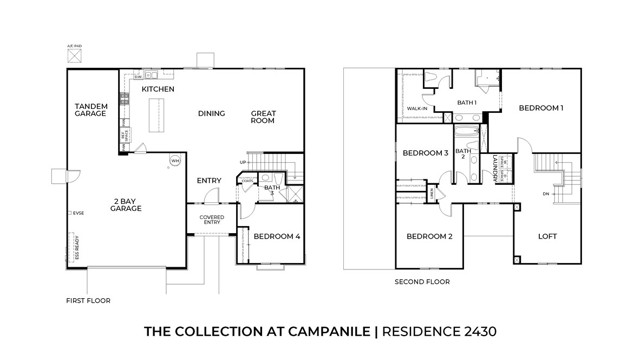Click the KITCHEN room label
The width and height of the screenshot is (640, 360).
click(159, 89)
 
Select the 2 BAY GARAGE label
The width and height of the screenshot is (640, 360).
click(126, 204)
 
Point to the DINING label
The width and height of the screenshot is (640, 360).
click(211, 114)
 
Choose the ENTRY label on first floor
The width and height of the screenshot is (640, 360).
click(209, 181)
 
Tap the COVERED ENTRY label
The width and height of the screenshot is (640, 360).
click(212, 220)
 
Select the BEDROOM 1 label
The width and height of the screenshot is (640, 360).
click(541, 107)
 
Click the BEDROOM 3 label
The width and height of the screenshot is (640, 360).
click(424, 153)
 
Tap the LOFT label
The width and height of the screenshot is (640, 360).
click(548, 236)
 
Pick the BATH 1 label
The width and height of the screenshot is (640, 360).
click(467, 102)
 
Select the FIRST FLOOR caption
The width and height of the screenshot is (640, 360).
click(88, 299)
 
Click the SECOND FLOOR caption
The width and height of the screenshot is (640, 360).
click(423, 282)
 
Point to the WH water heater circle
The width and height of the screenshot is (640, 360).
click(174, 160)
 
